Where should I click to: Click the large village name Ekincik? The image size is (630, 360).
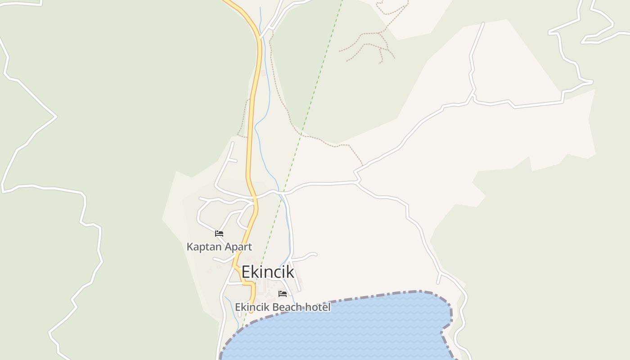(268, 272)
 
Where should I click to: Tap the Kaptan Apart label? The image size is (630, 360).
(219, 247)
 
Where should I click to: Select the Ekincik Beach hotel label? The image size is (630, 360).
(283, 307)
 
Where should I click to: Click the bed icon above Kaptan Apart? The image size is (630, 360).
(219, 233)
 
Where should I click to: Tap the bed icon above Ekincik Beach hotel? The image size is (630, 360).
(283, 294)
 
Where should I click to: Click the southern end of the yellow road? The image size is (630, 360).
(252, 310)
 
